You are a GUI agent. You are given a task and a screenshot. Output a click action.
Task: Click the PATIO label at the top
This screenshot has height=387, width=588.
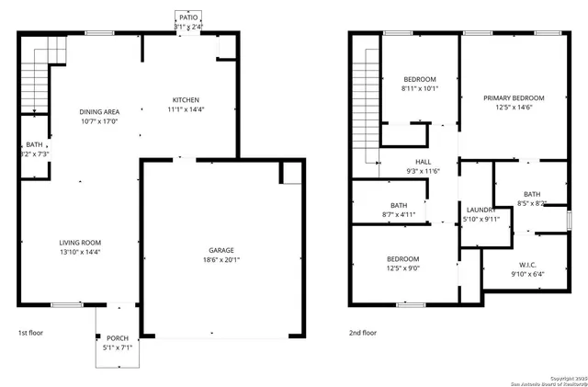(188, 17)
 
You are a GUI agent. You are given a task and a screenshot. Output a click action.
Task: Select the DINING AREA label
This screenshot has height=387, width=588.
(99, 111)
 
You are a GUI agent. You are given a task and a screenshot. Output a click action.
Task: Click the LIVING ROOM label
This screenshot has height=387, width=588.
(80, 243)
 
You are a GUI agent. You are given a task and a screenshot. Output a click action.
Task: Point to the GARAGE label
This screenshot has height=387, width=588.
(220, 250)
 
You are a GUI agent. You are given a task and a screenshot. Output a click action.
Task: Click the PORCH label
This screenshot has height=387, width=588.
(118, 337)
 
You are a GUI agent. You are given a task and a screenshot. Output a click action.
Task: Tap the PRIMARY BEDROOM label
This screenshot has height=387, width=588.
(514, 98)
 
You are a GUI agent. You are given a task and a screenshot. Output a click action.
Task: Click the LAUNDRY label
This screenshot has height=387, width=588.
(481, 210)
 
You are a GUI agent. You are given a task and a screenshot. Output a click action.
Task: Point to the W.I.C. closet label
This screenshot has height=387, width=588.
(526, 264)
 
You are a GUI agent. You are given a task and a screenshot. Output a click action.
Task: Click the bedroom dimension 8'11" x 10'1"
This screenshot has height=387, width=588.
(420, 89)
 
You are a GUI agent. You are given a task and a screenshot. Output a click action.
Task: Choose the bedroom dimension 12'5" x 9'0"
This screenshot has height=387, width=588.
(402, 269)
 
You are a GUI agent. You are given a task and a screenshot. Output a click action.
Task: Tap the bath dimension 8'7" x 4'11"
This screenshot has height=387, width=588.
(398, 214)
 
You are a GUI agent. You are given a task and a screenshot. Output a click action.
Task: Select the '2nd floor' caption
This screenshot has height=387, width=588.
(362, 332)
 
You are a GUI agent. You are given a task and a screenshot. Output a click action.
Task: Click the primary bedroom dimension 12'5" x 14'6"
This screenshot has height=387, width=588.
(514, 108)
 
